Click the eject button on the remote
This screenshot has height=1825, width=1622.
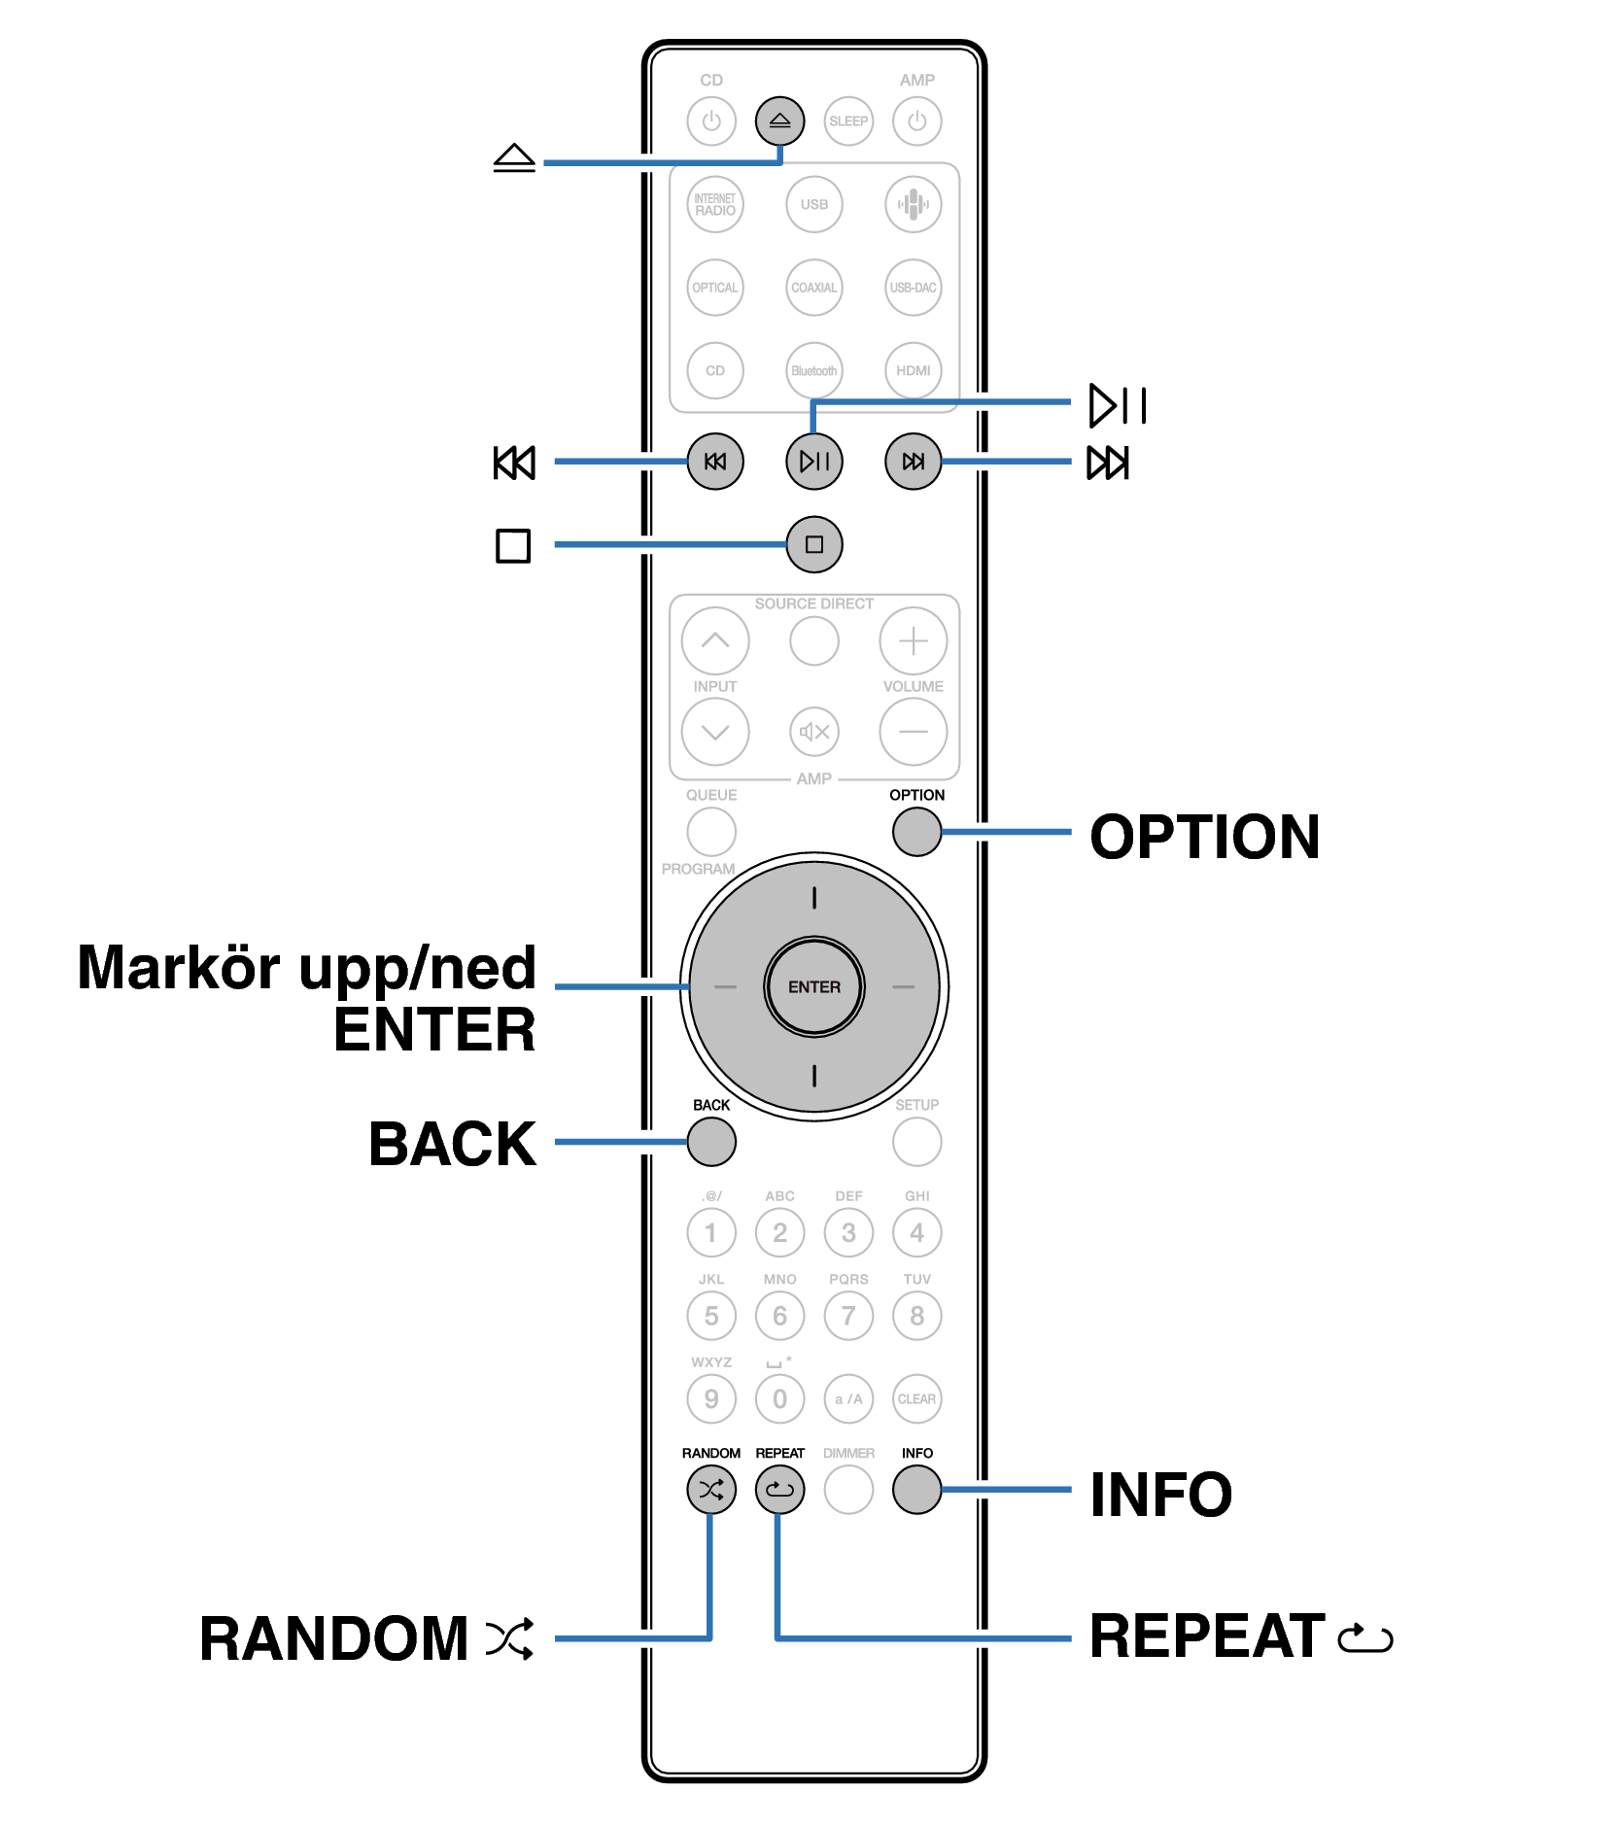(779, 121)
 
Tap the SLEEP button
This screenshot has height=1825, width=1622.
(848, 121)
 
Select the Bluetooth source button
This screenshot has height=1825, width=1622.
(813, 370)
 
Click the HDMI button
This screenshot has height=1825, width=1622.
(913, 370)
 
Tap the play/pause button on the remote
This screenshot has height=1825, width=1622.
(813, 462)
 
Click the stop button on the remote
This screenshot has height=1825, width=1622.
(813, 544)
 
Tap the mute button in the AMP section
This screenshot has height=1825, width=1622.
(813, 732)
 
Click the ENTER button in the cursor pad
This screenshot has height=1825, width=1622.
(813, 987)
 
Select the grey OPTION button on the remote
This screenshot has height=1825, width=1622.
(916, 832)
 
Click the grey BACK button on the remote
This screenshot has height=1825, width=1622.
(711, 1142)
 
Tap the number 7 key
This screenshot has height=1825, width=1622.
(848, 1316)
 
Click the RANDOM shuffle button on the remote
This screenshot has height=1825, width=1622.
(711, 1490)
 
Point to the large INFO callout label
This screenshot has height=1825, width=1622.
(1160, 1495)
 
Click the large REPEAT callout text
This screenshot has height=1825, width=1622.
(1206, 1636)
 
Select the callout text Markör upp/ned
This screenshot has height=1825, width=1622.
(306, 968)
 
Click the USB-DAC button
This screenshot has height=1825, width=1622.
(913, 288)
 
